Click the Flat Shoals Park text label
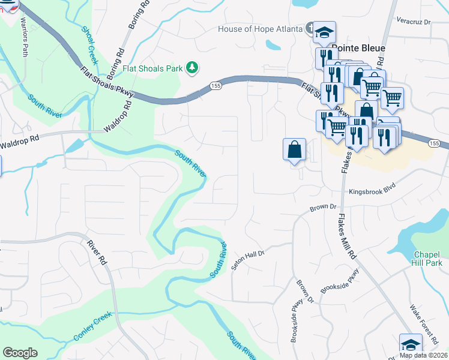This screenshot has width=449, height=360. [x=152, y=68]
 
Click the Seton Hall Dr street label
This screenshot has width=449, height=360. [x=249, y=261]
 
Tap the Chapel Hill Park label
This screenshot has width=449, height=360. [x=427, y=259]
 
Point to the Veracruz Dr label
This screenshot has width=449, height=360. [x=414, y=21]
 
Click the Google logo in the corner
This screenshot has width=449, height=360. [x=20, y=352]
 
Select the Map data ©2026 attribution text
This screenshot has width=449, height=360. [x=423, y=355]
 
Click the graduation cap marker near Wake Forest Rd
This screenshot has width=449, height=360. [x=411, y=344]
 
